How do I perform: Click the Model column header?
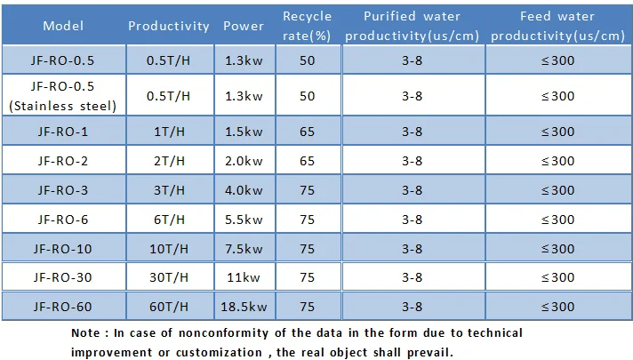click(63, 26)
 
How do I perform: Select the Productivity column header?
click(169, 27)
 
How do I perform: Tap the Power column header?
click(244, 26)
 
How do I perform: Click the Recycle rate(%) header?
click(307, 26)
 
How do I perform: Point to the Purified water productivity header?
click(412, 26)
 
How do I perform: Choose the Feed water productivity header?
click(557, 26)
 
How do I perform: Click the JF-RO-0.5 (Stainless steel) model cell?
click(62, 96)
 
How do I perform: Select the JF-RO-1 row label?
click(62, 132)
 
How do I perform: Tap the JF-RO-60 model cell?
click(62, 307)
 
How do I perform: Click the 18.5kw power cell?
click(244, 307)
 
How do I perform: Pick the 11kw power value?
click(244, 277)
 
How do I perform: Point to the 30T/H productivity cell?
click(169, 277)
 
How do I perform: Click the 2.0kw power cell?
click(244, 161)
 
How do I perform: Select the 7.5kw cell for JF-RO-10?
click(244, 249)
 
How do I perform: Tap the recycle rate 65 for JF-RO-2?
click(307, 161)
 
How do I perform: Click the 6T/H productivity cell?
click(169, 220)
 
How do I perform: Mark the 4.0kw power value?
click(244, 190)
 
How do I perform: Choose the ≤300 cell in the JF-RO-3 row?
click(557, 190)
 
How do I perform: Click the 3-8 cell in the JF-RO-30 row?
click(412, 277)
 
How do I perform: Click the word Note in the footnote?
click(85, 333)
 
